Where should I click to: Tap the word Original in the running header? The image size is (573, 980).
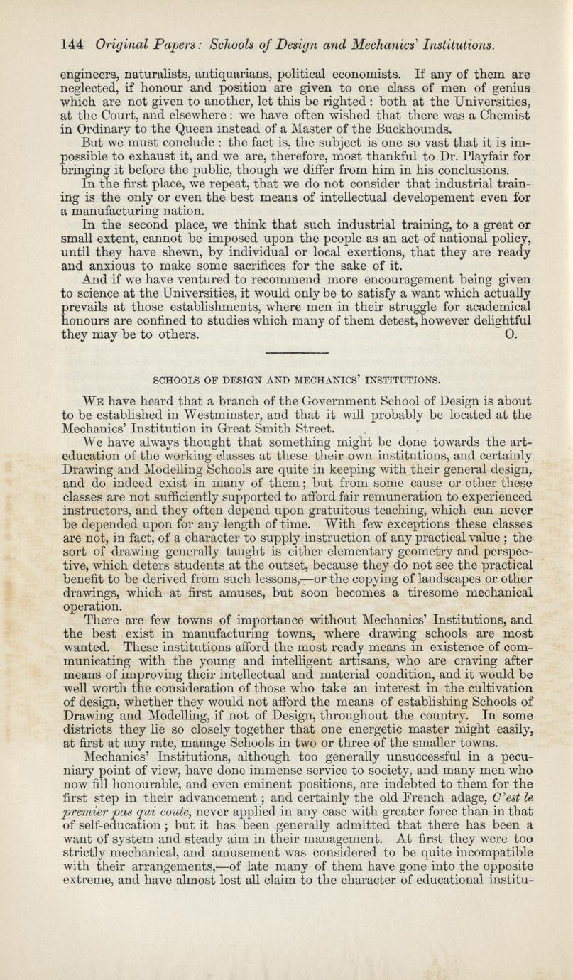[x=120, y=45]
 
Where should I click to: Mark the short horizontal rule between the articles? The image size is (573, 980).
[x=286, y=352]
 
